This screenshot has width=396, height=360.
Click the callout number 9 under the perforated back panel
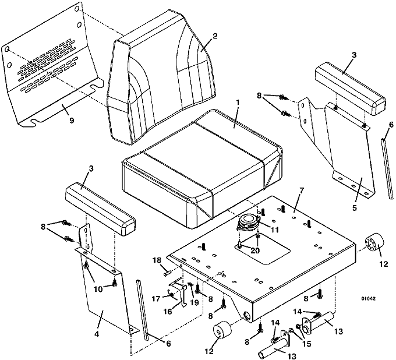tap(72, 120)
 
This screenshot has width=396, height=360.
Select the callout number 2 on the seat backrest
tap(214, 36)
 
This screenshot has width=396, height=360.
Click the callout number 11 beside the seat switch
tap(274, 230)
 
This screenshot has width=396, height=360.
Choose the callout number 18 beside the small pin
tap(158, 260)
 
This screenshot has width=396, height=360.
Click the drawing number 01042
tap(368, 299)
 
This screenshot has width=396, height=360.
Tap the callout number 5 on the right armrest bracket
tap(354, 208)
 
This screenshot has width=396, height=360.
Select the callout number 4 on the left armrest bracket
tap(97, 334)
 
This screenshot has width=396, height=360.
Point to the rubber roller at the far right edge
tap(374, 244)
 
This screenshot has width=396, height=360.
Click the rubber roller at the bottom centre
tap(222, 331)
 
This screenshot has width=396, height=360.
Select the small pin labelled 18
tap(168, 273)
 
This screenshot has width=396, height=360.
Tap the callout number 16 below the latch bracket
tap(168, 312)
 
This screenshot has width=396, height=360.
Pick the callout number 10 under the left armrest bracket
tap(98, 289)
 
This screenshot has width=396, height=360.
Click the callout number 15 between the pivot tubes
tap(306, 344)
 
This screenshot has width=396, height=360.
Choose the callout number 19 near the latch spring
tap(194, 302)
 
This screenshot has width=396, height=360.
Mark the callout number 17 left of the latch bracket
tap(156, 299)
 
